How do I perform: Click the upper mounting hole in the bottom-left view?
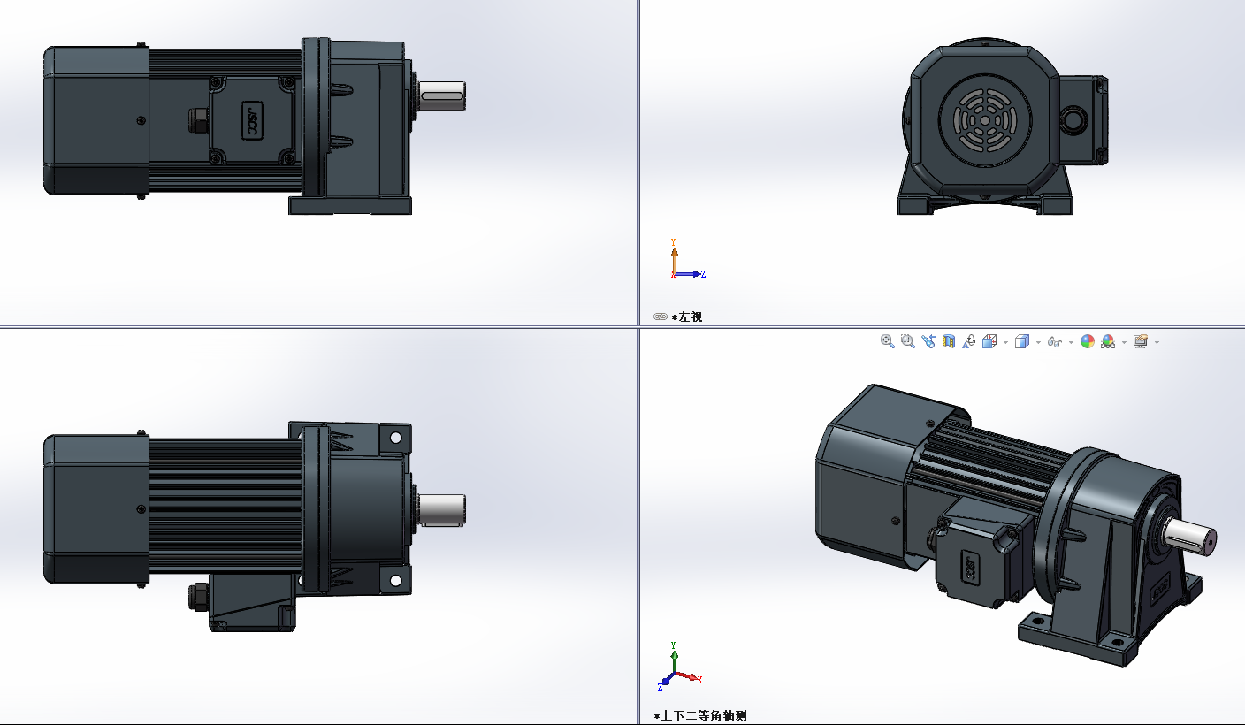point(395,438)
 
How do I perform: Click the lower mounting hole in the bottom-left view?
point(395,581)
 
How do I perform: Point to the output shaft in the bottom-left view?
point(442,508)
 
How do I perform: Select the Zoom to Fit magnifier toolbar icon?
point(888,341)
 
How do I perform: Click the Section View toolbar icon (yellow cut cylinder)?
point(949,341)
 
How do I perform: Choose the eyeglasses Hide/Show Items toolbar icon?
point(1054,341)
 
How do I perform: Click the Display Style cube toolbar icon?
point(1022,341)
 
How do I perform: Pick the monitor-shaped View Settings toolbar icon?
point(1141,341)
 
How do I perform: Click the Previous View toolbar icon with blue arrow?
point(928,341)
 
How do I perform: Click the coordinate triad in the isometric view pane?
point(676,668)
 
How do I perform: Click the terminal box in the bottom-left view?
point(249,601)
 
